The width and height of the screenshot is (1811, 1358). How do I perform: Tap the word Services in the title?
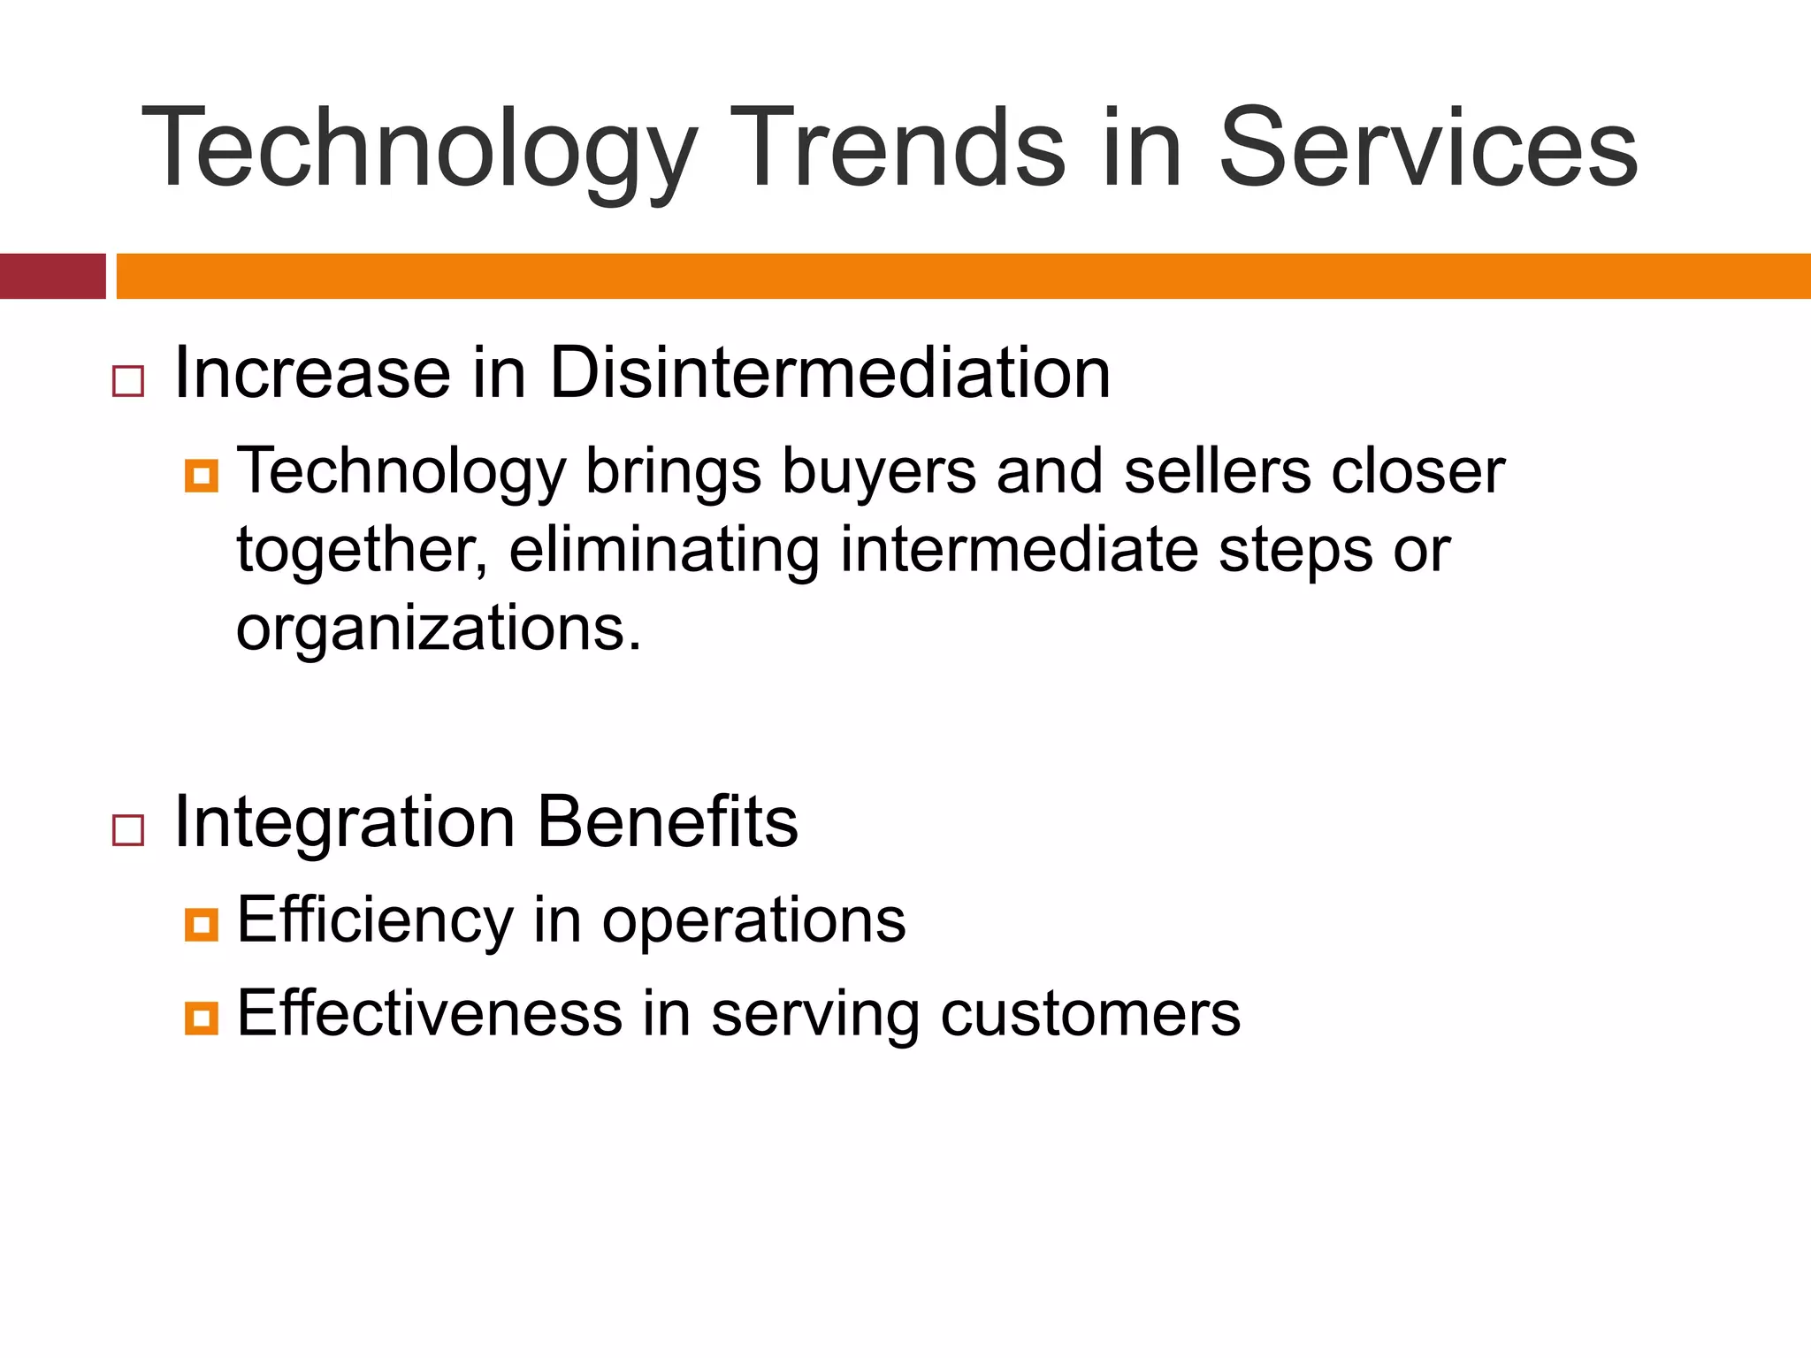(x=1427, y=149)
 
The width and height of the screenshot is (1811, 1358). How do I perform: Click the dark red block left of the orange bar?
(x=52, y=276)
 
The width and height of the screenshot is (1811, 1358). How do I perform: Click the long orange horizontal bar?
(x=962, y=276)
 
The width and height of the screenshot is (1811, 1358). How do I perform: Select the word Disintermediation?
(x=829, y=373)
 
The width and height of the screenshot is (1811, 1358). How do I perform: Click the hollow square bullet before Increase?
(x=128, y=381)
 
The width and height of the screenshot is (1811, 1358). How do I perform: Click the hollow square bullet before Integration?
(x=128, y=830)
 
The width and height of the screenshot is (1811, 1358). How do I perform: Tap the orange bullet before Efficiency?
(x=202, y=925)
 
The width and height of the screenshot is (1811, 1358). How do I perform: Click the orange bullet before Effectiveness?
(x=202, y=1018)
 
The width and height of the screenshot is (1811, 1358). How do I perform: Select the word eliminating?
(x=664, y=550)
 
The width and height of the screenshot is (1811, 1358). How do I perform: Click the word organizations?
(x=438, y=629)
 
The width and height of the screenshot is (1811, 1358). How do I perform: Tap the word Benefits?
(x=668, y=822)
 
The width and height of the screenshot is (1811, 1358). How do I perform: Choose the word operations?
(x=753, y=921)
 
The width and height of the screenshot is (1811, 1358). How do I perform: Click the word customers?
(x=1089, y=1014)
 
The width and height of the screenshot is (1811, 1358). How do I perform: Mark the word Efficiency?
(x=375, y=921)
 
